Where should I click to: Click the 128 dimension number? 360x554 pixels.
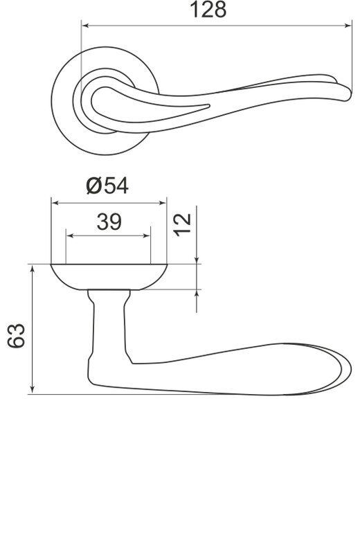[x=208, y=10]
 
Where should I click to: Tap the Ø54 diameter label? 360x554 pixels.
[x=107, y=186]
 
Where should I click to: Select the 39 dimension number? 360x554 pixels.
[x=109, y=222]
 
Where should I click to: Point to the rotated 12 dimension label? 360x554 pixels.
[x=182, y=225]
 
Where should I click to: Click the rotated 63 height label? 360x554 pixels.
[x=16, y=336]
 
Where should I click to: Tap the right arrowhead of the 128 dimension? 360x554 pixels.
[x=348, y=26]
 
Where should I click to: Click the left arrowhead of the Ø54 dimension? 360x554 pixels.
[x=55, y=203]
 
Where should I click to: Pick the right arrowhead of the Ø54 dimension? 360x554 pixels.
[x=163, y=203]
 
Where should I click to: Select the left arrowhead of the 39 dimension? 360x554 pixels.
[x=70, y=235]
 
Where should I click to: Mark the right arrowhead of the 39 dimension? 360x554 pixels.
[x=147, y=235]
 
